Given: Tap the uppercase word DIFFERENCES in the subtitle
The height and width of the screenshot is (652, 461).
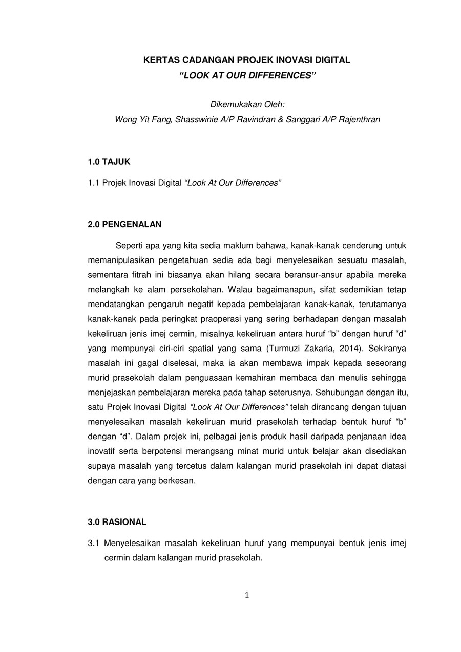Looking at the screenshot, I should [283, 75].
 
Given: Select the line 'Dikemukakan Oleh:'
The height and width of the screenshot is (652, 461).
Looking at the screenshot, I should [247, 104].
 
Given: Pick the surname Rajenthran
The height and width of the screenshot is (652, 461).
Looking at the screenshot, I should [357, 119].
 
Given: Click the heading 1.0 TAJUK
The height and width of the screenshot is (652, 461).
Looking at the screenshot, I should [109, 162].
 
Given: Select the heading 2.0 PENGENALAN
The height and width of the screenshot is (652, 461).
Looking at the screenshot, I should [124, 224].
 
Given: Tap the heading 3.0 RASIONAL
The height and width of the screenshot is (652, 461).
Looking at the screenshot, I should [117, 522].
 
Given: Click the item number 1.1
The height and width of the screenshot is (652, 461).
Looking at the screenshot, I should [94, 183].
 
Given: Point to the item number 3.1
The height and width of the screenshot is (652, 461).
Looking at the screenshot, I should [94, 543].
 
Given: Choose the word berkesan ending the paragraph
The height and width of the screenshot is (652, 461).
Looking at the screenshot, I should [179, 481].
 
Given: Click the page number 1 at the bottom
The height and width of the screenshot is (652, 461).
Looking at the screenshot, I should [247, 595].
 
